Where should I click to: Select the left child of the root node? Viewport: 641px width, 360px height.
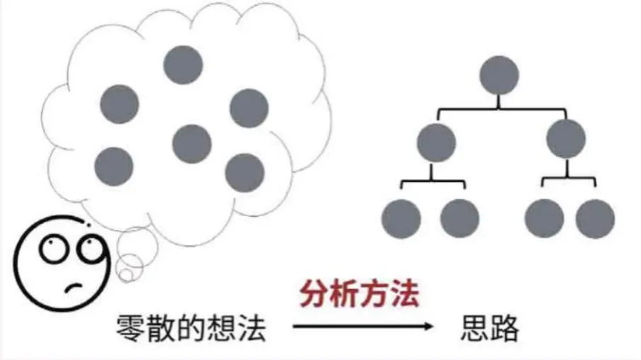[x=436, y=142]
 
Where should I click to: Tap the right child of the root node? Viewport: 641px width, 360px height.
[x=567, y=138]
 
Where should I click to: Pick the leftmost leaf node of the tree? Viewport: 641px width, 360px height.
[x=401, y=218]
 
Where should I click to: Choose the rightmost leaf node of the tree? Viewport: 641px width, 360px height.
[x=595, y=218]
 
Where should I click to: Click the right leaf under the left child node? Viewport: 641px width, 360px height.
[x=459, y=218]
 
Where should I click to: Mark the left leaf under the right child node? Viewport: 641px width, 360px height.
[x=544, y=218]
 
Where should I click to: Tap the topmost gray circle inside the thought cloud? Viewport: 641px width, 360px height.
[x=183, y=64]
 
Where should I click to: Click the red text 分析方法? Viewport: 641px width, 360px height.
[x=359, y=294]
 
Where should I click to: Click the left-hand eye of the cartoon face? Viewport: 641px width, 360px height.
[x=54, y=249]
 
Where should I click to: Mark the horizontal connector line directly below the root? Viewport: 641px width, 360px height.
[x=499, y=109]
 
